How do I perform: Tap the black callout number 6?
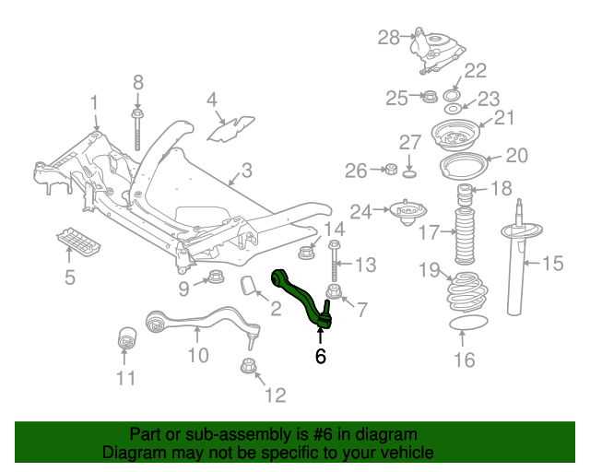(x=321, y=356)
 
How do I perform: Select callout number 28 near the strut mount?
(x=388, y=38)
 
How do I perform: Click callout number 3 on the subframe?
(x=246, y=171)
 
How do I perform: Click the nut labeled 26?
(x=390, y=169)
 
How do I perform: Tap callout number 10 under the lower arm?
(x=198, y=354)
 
